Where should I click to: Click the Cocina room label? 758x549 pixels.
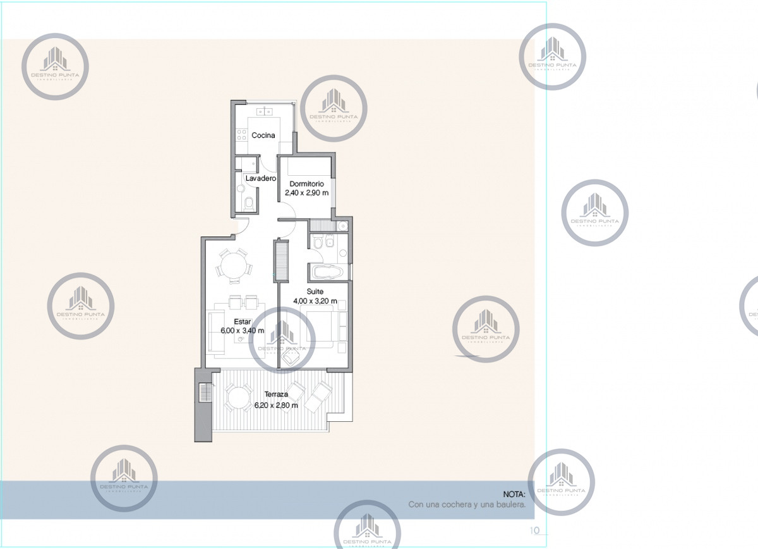pos(262,135)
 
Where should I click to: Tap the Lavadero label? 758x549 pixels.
pos(261,179)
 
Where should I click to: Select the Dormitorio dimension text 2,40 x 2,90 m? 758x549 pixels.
pos(306,192)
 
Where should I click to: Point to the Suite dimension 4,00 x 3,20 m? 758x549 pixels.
pos(315,302)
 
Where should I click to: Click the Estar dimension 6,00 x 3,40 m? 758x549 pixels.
pos(241,330)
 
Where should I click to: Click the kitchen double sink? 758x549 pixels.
pos(265,111)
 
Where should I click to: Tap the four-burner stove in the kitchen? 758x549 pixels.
pos(241,134)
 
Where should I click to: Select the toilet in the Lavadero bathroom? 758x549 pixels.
pos(250,203)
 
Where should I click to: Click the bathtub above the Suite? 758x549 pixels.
pos(328,273)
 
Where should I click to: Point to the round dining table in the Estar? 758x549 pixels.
pos(232,264)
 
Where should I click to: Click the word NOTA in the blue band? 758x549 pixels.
pos(514,494)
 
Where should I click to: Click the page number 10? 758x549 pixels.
pos(534,530)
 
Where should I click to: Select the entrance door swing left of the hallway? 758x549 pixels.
pos(242,224)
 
